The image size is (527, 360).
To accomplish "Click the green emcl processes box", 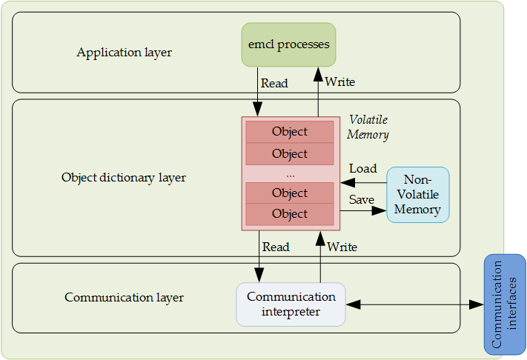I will (x=288, y=45).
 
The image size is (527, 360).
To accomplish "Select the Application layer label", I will (x=124, y=53).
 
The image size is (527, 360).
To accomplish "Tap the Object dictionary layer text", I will (x=124, y=178).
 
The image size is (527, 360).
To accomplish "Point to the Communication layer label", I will (x=124, y=298).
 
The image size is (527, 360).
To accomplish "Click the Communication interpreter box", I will (x=291, y=304).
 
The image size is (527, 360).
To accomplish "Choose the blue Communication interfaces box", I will (x=505, y=304).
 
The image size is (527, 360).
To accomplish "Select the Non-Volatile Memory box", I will (x=417, y=195).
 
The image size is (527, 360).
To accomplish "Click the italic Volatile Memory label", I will (x=368, y=127).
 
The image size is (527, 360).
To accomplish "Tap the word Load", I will (x=362, y=169).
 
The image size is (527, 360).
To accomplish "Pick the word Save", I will (x=362, y=199).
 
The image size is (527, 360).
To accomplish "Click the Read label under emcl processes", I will (x=274, y=84).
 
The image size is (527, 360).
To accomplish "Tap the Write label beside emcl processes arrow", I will (x=339, y=81).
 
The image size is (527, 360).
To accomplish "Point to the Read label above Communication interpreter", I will (x=276, y=247).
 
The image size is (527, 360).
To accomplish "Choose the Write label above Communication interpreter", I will (x=342, y=247).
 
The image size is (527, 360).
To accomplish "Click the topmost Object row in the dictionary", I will (x=290, y=132).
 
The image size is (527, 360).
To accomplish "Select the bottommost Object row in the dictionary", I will (x=290, y=214).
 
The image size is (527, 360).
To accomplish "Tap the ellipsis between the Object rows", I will (x=290, y=174).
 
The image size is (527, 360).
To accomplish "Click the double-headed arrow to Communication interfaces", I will (x=415, y=304).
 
